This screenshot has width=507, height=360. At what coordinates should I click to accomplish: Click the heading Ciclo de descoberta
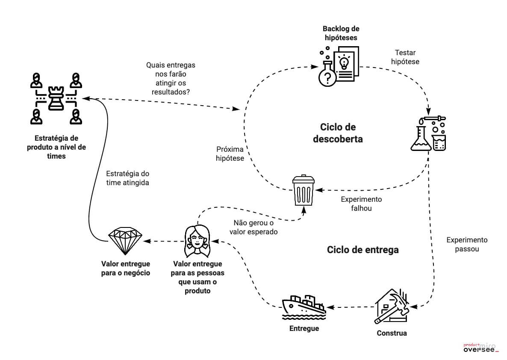[x=338, y=133]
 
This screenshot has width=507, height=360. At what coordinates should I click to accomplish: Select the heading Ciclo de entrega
[x=363, y=249]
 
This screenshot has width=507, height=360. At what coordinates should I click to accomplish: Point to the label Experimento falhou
[x=361, y=204]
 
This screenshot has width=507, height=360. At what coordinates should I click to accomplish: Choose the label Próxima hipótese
[x=230, y=154]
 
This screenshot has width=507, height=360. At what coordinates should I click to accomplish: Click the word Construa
[x=392, y=333]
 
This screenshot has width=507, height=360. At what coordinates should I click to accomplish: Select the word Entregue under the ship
[x=304, y=328]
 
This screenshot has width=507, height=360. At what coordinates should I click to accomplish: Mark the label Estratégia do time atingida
[x=127, y=178]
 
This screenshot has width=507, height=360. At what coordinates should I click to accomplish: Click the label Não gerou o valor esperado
[x=253, y=227]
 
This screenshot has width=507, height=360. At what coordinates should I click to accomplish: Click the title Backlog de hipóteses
[x=341, y=33]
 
